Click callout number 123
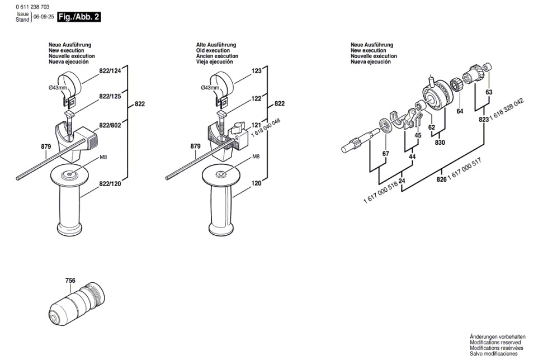pyautogui.click(x=257, y=71)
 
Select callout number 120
pyautogui.click(x=257, y=183)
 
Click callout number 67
pyautogui.click(x=385, y=154)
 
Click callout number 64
pyautogui.click(x=460, y=111)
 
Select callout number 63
pyautogui.click(x=489, y=92)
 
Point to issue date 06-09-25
pyautogui.click(x=44, y=17)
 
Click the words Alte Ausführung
pyautogui.click(x=216, y=45)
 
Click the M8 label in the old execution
pyautogui.click(x=256, y=157)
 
